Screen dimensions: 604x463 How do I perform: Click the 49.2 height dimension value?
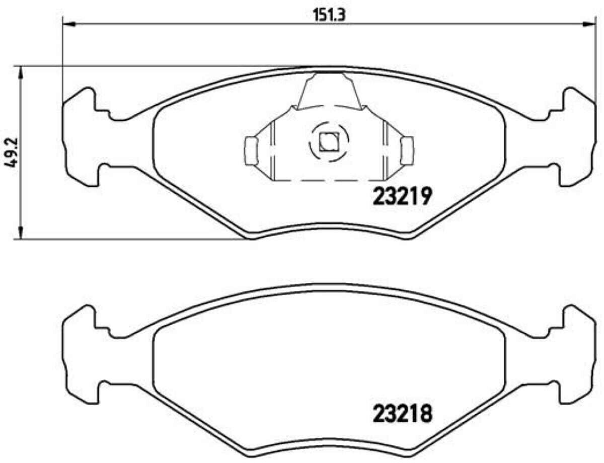pyautogui.click(x=11, y=152)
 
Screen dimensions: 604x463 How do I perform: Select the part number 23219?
pyautogui.click(x=403, y=196)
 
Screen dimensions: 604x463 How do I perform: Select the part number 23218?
pyautogui.click(x=403, y=413)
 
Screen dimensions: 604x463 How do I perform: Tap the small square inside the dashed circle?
pyautogui.click(x=329, y=142)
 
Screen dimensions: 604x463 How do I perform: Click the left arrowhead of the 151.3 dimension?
pyautogui.click(x=69, y=25)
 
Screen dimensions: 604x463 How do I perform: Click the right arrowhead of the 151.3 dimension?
pyautogui.click(x=589, y=25)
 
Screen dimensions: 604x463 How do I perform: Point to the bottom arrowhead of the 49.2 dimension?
pyautogui.click(x=20, y=232)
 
